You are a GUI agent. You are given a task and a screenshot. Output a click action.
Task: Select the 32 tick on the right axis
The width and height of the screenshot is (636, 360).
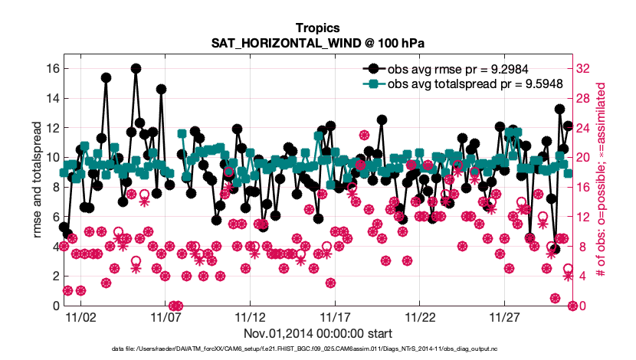582,68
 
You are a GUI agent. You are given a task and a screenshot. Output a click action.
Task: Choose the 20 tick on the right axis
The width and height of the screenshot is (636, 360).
582,157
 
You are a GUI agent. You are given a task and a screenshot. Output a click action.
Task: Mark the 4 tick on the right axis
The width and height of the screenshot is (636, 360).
580,276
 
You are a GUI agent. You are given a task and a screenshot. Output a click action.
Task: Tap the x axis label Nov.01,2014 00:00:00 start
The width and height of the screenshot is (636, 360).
317,333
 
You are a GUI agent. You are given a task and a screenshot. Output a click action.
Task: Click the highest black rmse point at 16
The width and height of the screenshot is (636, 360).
136,68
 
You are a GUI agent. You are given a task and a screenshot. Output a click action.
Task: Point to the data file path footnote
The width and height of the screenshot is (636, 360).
317,349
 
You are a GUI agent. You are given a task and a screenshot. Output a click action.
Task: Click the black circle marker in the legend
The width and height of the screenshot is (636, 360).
373,68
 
